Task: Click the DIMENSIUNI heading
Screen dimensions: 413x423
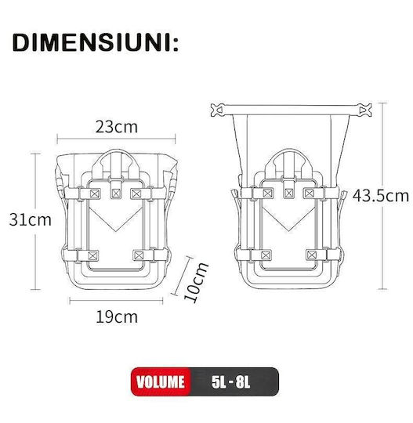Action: click(x=96, y=42)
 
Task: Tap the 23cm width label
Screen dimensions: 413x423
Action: click(x=116, y=127)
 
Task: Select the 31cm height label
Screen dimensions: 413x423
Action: click(x=31, y=219)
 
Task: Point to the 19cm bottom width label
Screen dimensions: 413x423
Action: click(x=117, y=317)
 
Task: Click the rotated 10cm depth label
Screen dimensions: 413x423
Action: click(x=196, y=282)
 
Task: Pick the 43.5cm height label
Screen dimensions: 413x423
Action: click(x=381, y=196)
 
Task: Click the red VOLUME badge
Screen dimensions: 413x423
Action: click(x=161, y=381)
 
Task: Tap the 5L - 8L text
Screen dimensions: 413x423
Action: click(x=230, y=382)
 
